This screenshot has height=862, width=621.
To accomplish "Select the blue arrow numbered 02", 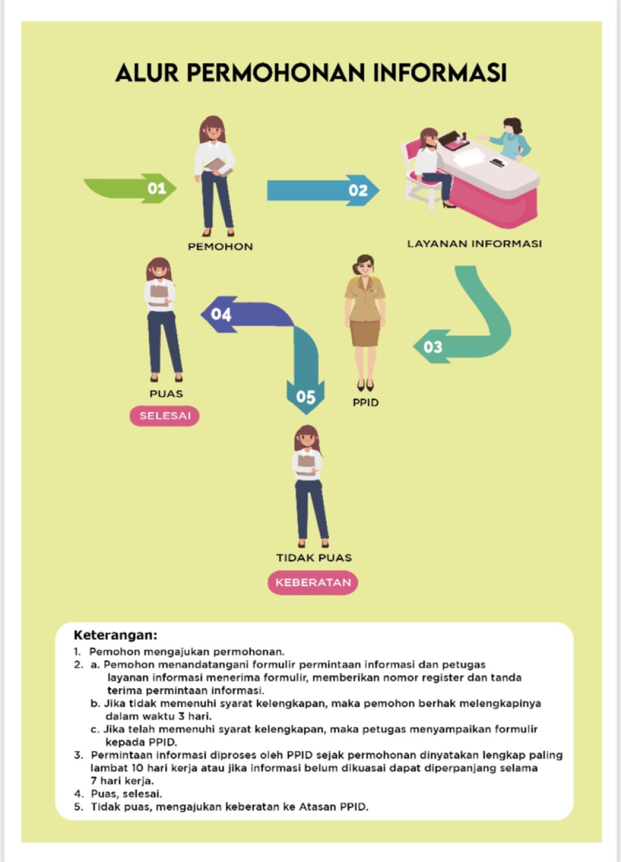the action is point(323,190).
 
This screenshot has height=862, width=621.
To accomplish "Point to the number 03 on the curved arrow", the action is point(433,347).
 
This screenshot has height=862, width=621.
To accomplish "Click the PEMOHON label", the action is point(220,247).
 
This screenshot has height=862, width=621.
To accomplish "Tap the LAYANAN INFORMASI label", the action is point(474,244).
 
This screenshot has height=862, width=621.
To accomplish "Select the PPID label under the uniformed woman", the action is point(366,403).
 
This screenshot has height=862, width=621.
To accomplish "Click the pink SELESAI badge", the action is point(164,416).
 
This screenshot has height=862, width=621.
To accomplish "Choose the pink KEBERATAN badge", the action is point(313,582).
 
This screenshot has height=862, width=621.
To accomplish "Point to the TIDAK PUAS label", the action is point(314,557).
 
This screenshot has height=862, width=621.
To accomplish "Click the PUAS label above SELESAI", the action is point(166,394).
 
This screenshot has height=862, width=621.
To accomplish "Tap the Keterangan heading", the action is point(115,635).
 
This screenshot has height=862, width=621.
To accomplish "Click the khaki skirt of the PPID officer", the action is point(364,333).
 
